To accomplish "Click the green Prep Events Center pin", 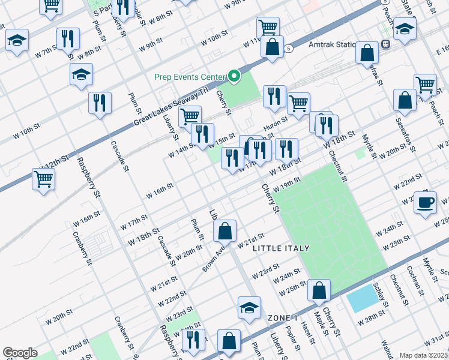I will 235,77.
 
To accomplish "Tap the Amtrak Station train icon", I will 385,43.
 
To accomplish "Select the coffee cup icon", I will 425,202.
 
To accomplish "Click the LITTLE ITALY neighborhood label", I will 281,248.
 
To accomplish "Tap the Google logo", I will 20,353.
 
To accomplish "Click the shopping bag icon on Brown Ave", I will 224,230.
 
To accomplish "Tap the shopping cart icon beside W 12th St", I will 43,179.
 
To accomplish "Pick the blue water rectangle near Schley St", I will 363,298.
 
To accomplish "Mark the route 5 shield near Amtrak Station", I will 289,49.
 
